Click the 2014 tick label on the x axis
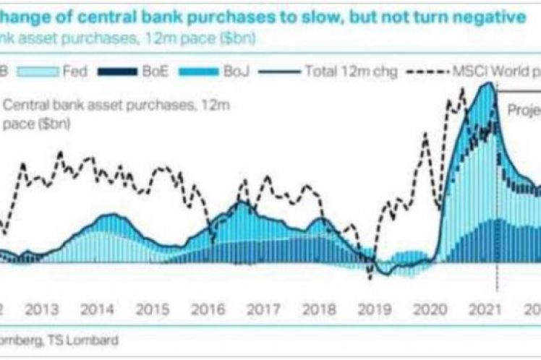(x=96, y=309)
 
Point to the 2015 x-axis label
(x=151, y=309)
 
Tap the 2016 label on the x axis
(x=206, y=309)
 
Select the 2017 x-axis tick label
(x=262, y=309)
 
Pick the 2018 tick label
(x=317, y=309)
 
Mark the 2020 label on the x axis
(x=427, y=309)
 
